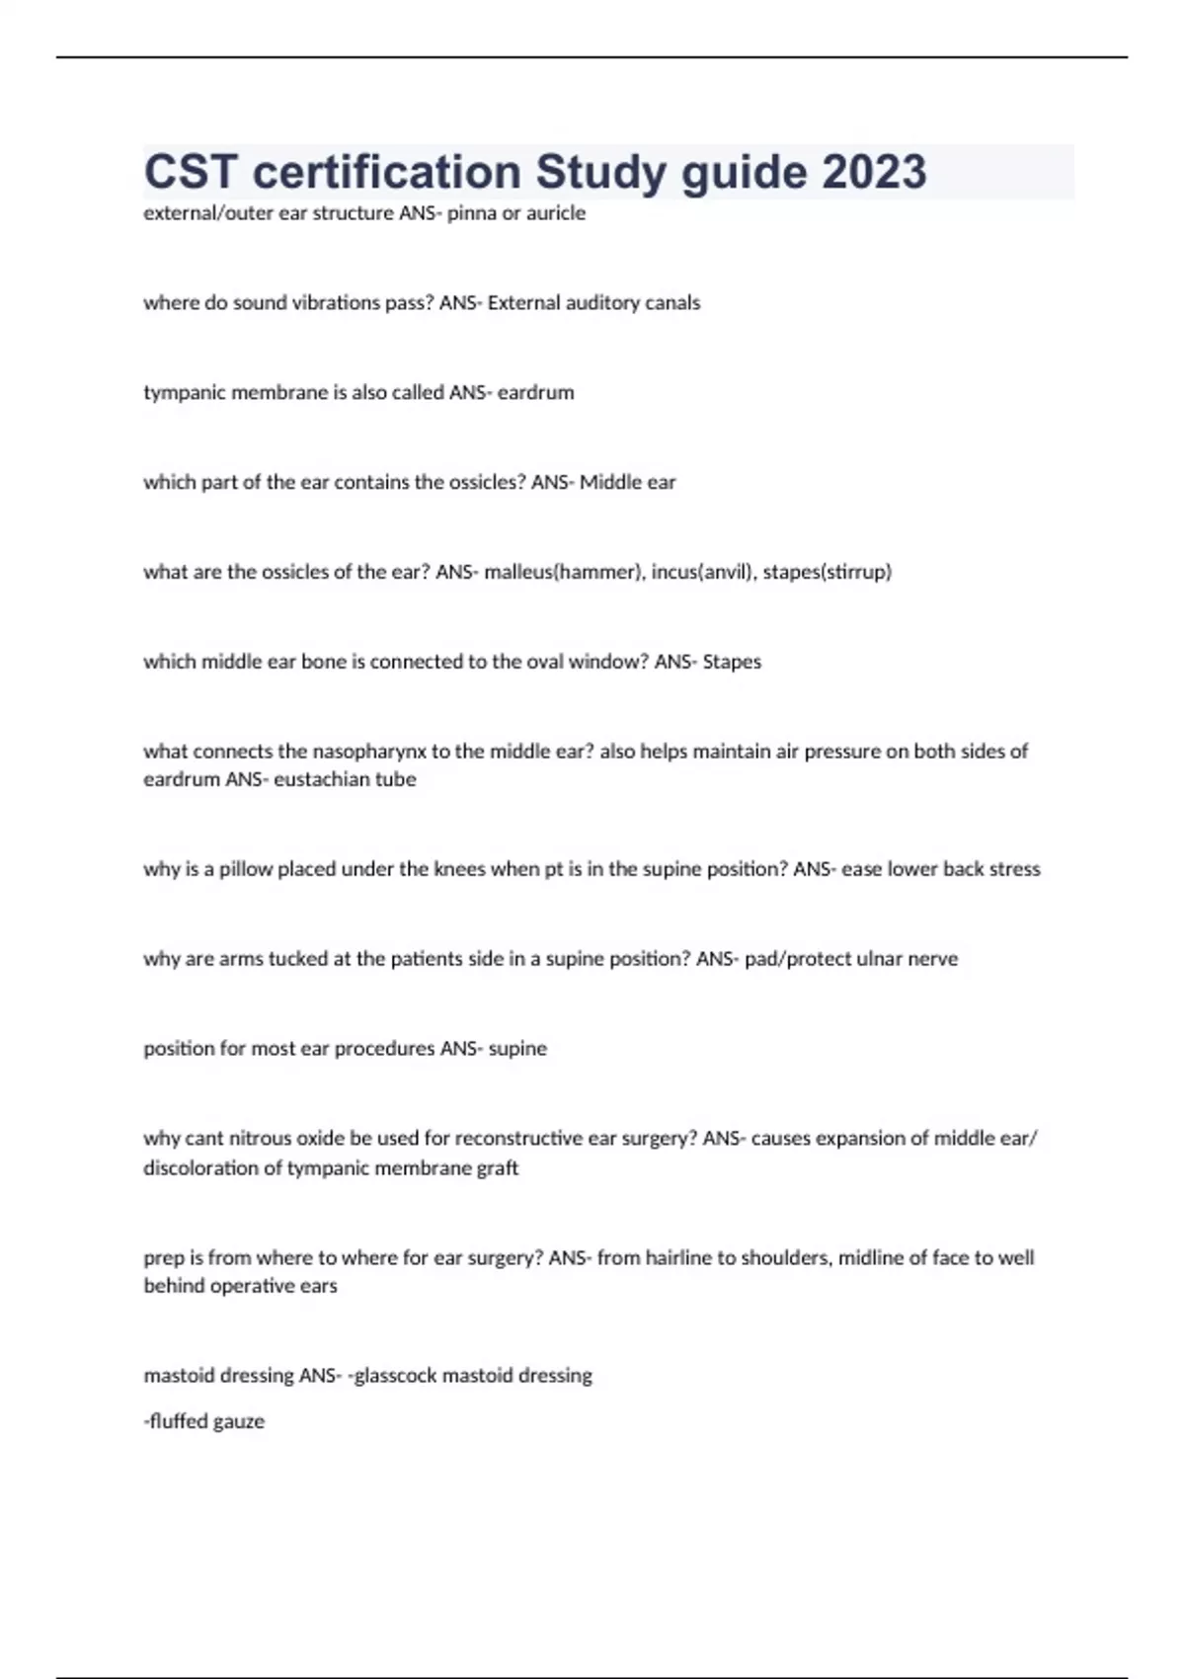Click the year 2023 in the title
pyautogui.click(x=874, y=172)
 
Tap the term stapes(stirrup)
pyautogui.click(x=828, y=572)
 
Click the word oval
pyautogui.click(x=547, y=662)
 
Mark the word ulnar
pyautogui.click(x=883, y=959)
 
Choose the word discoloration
pyautogui.click(x=200, y=1168)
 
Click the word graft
pyautogui.click(x=498, y=1168)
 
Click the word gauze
pyautogui.click(x=240, y=1422)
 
